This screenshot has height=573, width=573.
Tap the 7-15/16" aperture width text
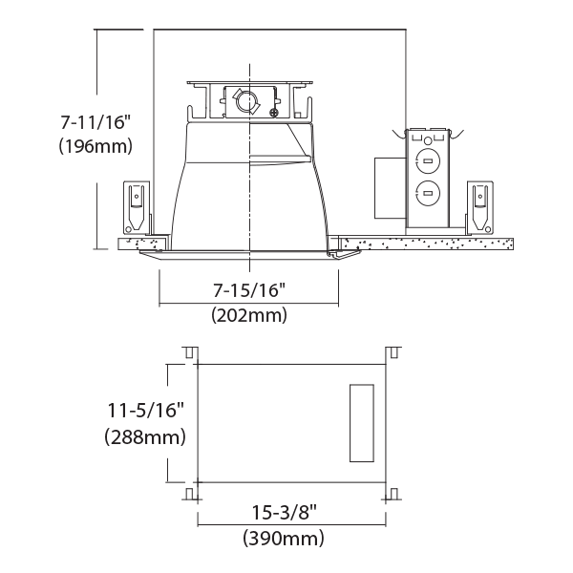click(x=248, y=289)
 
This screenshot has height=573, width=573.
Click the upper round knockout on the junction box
click(x=427, y=161)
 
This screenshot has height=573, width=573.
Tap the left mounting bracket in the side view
click(x=136, y=205)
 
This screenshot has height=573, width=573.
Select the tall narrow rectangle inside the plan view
click(x=360, y=423)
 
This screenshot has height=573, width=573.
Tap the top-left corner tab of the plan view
click(x=190, y=353)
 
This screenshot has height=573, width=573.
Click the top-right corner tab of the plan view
click(x=390, y=353)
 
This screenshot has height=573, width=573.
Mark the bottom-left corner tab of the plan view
click(x=190, y=494)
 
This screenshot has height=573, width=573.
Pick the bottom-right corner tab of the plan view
click(x=390, y=494)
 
